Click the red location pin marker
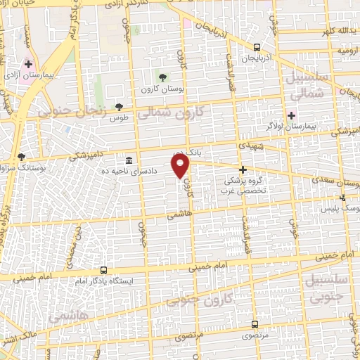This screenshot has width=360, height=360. (181, 166)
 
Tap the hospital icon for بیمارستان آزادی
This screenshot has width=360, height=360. (27, 64)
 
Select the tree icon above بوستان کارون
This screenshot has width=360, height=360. (163, 76)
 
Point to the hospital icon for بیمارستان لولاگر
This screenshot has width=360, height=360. (291, 115)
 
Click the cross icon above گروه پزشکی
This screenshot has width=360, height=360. (243, 169)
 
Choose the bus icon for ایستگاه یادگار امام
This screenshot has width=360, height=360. (104, 270)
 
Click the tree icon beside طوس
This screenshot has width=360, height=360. (118, 107)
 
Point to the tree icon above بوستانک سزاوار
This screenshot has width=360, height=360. (22, 157)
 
